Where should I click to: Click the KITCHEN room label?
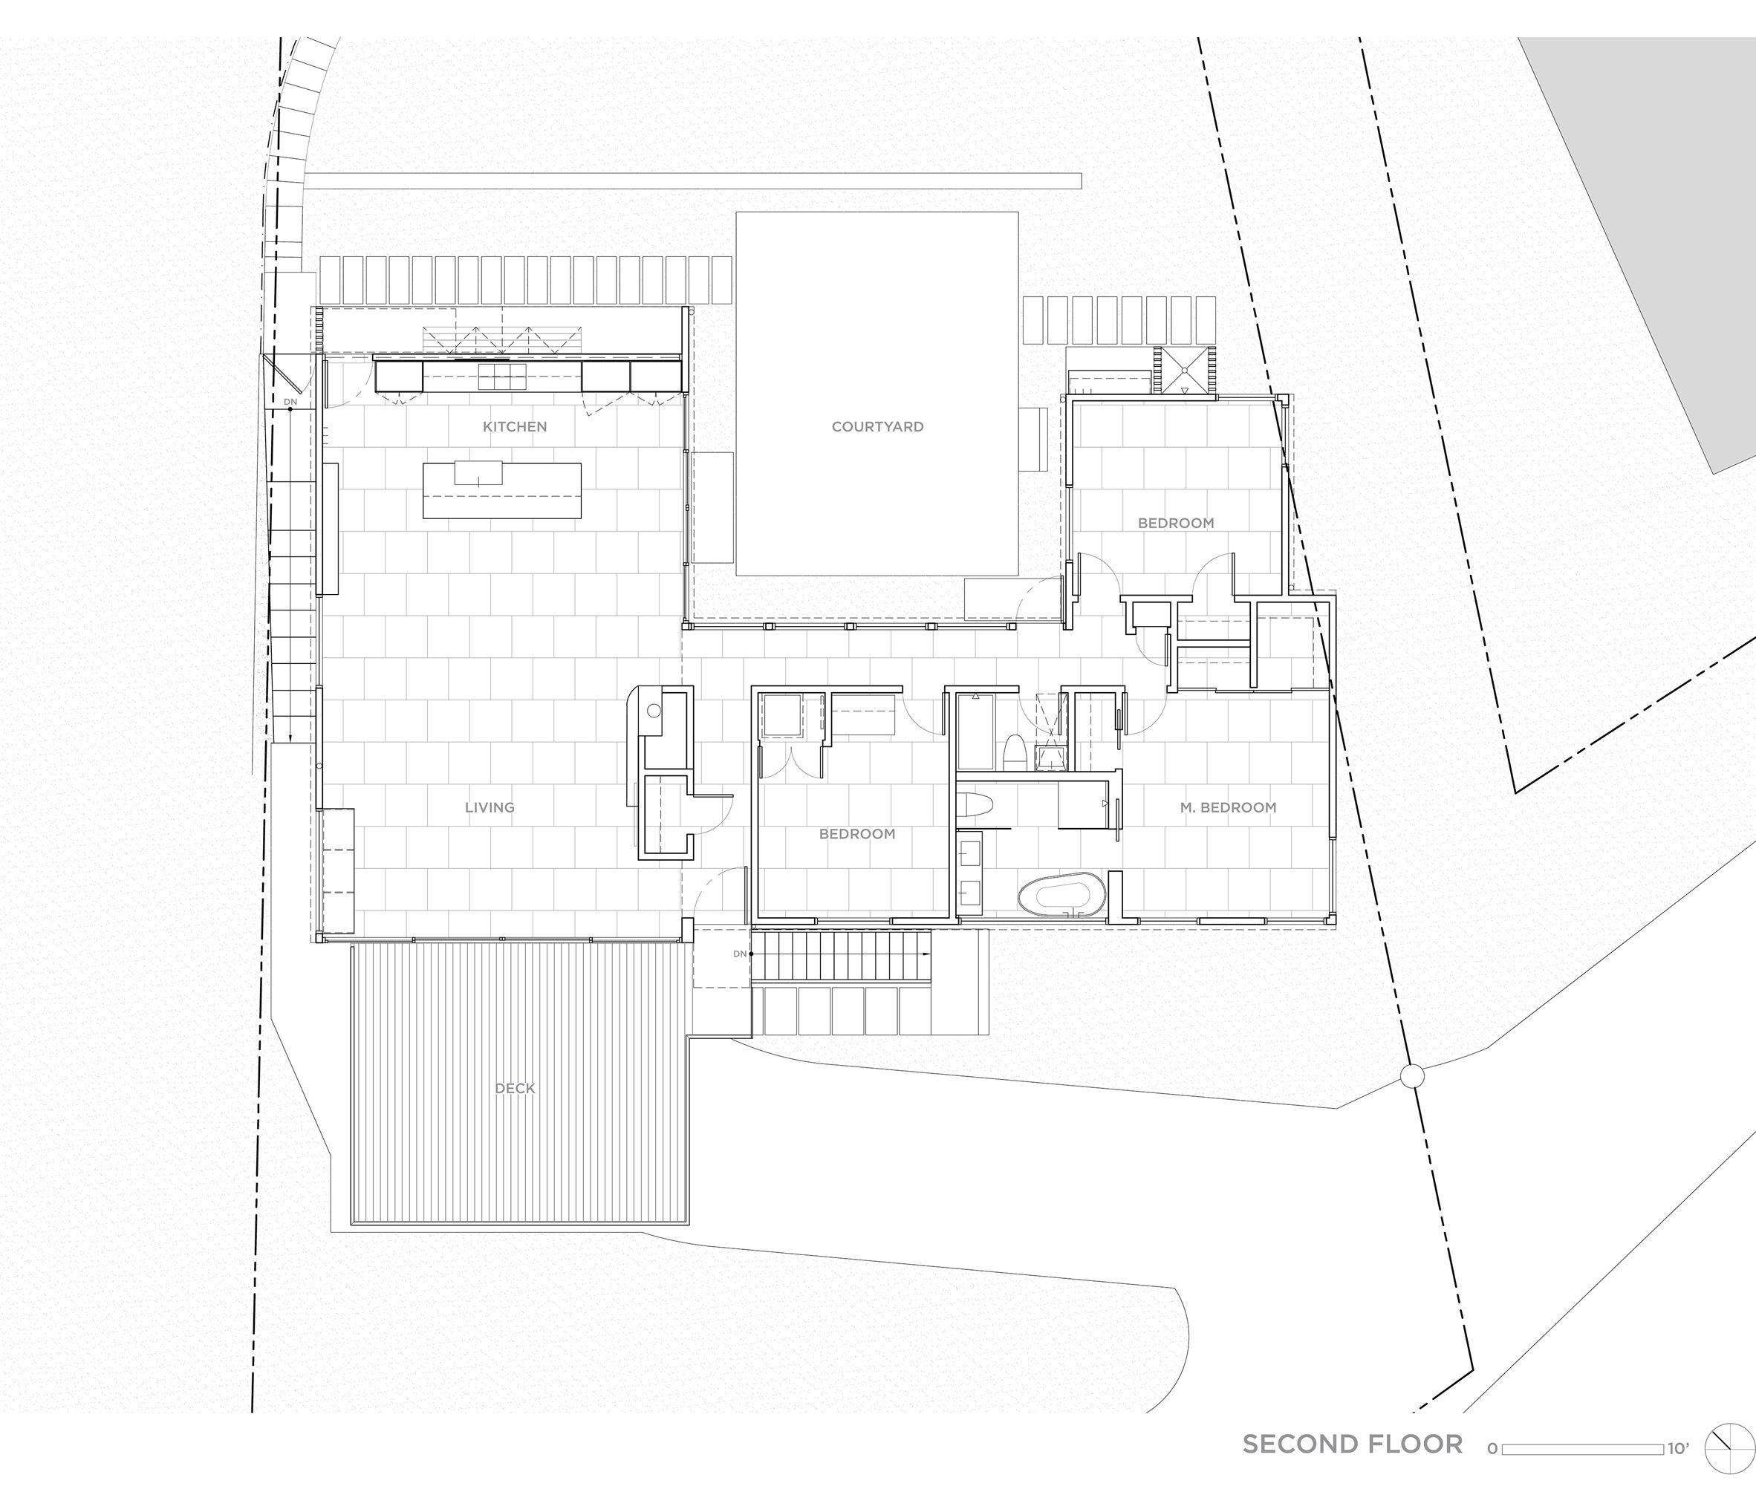[514, 427]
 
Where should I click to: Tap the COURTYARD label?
[877, 427]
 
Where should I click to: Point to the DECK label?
[515, 1089]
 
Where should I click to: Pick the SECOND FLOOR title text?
[1353, 1444]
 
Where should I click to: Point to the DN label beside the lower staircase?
[740, 954]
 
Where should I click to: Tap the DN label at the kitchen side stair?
[290, 401]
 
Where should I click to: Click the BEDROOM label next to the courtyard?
[1176, 524]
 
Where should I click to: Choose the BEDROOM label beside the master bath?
[857, 834]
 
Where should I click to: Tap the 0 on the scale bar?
[1492, 1449]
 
